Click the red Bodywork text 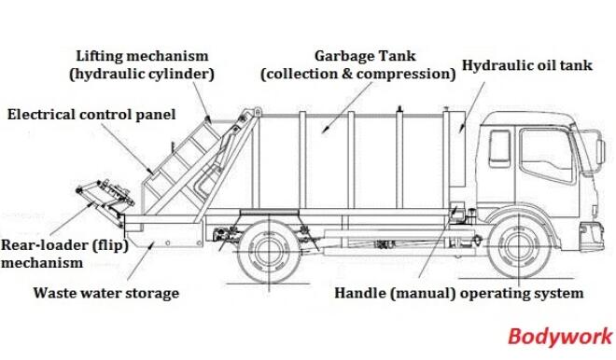tap(560, 337)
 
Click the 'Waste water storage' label tap(105, 293)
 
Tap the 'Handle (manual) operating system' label tap(459, 293)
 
